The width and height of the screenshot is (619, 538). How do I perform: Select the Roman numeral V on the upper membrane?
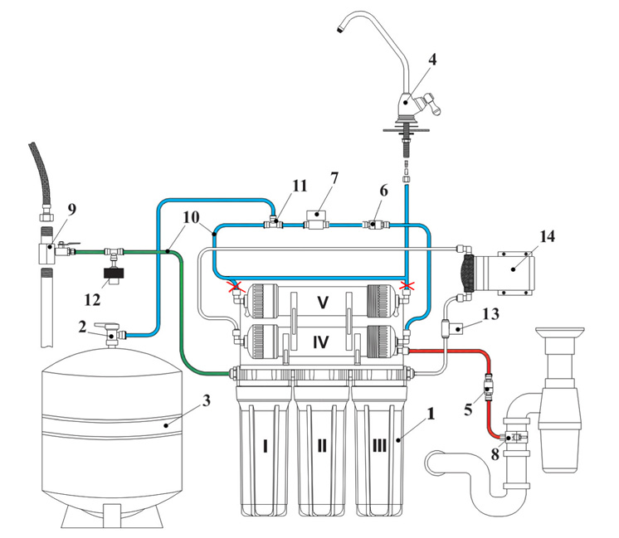coord(321,303)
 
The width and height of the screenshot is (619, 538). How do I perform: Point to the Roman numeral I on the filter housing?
coord(265,446)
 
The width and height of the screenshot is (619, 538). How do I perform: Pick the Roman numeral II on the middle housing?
coord(322,446)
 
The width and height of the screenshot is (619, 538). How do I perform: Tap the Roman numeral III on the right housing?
coord(379,446)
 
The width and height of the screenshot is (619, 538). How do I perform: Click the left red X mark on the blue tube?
coord(236,287)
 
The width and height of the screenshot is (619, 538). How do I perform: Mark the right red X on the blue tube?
coord(407,287)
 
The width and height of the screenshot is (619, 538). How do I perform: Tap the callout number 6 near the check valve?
coord(383,190)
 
